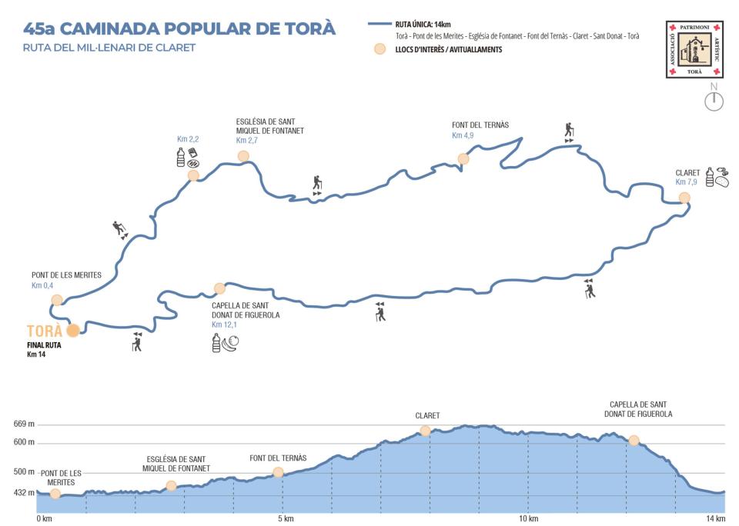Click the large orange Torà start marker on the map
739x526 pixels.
pyautogui.click(x=73, y=331)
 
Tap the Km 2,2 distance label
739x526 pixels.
pyautogui.click(x=188, y=139)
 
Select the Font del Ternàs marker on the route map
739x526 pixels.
pyautogui.click(x=463, y=159)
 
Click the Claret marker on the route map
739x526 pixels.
pyautogui.click(x=684, y=198)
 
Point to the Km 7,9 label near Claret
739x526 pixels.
pyautogui.click(x=686, y=182)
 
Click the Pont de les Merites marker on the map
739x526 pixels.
pyautogui.click(x=56, y=300)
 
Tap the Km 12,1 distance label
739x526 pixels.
pyautogui.click(x=226, y=325)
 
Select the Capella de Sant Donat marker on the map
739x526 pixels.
pyautogui.click(x=220, y=288)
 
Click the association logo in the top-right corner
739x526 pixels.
pyautogui.click(x=695, y=49)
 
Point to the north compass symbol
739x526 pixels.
pyautogui.click(x=714, y=99)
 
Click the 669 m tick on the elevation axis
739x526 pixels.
pyautogui.click(x=25, y=424)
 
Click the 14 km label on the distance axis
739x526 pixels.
pyautogui.click(x=715, y=518)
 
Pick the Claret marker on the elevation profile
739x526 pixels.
pyautogui.click(x=425, y=431)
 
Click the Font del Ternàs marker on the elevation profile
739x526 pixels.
pyautogui.click(x=278, y=472)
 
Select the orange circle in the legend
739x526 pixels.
pyautogui.click(x=379, y=49)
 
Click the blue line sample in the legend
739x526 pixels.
pyautogui.click(x=379, y=25)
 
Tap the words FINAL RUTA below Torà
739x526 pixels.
pyautogui.click(x=44, y=345)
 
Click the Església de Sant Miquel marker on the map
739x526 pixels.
pyautogui.click(x=243, y=156)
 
